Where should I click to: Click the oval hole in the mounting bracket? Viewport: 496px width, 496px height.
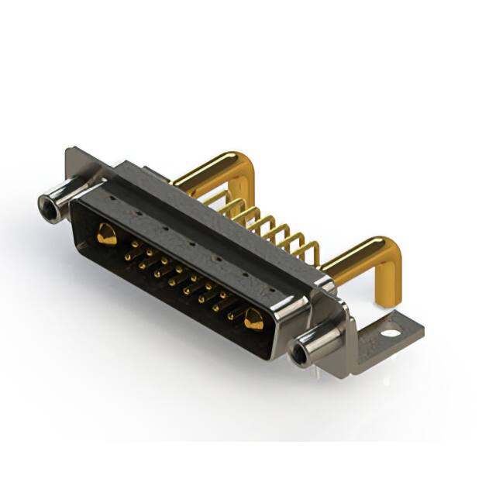pos(391,334)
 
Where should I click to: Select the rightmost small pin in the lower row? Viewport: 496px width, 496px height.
pos(231,315)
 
